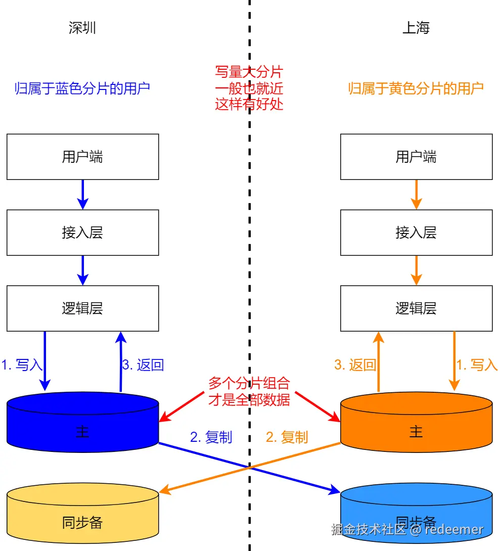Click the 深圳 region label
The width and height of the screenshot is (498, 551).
(x=82, y=28)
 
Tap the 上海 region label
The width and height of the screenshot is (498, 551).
(x=416, y=28)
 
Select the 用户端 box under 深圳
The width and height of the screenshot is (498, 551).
(x=82, y=157)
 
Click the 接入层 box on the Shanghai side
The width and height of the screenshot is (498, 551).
(x=416, y=233)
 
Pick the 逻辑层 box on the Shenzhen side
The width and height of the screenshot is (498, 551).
(x=82, y=308)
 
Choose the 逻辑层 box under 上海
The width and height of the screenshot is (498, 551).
(x=416, y=308)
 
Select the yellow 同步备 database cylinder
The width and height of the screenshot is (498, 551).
(x=82, y=518)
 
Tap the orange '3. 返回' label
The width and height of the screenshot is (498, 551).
(x=355, y=365)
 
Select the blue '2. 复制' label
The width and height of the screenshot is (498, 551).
(x=211, y=437)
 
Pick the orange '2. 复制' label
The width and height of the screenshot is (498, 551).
(x=287, y=437)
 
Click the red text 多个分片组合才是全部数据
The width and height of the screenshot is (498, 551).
(x=249, y=391)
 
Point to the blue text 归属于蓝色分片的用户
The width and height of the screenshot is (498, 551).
(x=82, y=88)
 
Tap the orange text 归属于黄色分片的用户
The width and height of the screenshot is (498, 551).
(x=416, y=88)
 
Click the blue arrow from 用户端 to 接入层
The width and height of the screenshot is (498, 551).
(x=82, y=195)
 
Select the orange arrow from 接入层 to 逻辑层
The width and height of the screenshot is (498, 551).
(x=416, y=270)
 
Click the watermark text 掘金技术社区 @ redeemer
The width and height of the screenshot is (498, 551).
(x=407, y=529)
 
